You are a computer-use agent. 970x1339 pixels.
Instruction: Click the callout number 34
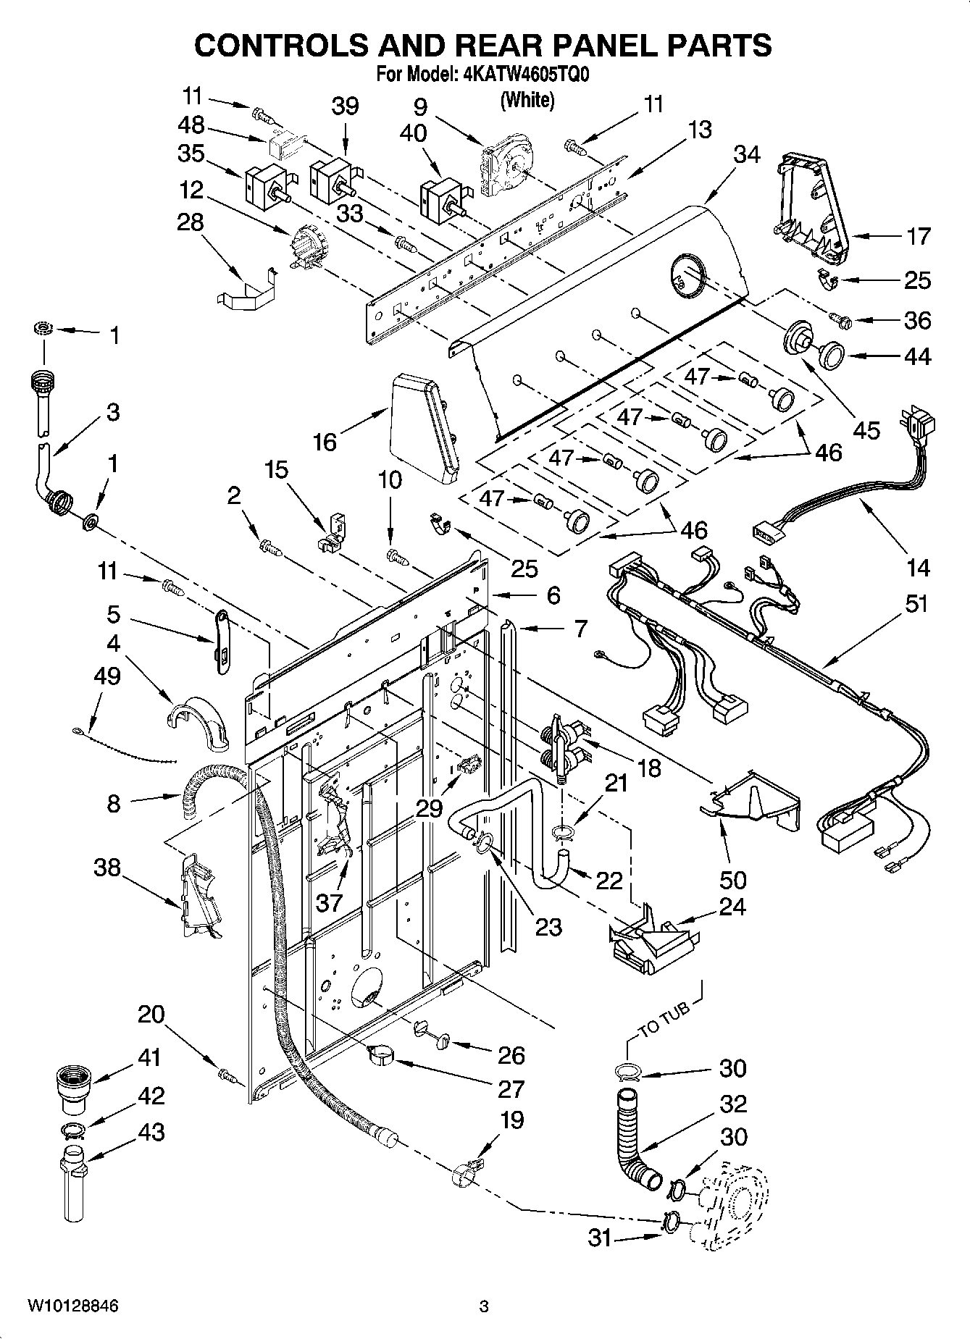point(747,154)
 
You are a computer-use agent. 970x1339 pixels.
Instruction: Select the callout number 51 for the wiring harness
point(917,603)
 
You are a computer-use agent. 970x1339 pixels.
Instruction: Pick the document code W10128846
point(72,1306)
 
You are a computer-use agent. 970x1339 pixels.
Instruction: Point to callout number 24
point(732,906)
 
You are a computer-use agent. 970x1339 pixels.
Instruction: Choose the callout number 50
point(732,879)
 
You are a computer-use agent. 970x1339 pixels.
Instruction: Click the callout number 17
point(918,236)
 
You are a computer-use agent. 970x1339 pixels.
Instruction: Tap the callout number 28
point(191,222)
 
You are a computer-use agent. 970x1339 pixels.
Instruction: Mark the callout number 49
point(107,676)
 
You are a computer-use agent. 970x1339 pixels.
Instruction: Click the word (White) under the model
point(527,100)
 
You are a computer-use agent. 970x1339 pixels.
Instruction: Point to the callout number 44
point(917,356)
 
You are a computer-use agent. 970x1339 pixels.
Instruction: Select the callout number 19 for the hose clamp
point(511,1120)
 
